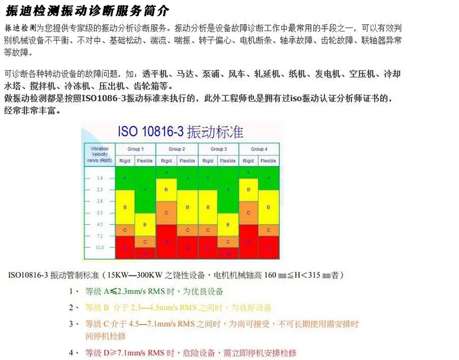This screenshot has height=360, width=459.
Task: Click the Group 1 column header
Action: [135, 149]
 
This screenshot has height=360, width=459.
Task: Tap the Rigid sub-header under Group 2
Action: [166, 161]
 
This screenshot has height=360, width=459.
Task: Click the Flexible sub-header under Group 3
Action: [227, 161]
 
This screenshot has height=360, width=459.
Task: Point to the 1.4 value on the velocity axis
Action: [99, 179]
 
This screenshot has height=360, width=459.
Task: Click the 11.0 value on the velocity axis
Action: [99, 247]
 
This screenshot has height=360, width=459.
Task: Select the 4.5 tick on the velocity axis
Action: [99, 224]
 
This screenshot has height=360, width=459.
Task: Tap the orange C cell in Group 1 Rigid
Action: [125, 230]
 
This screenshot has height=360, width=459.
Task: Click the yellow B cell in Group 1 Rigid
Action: [125, 207]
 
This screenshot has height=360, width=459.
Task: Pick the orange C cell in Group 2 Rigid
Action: [166, 212]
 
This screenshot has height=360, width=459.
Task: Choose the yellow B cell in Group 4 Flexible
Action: [268, 207]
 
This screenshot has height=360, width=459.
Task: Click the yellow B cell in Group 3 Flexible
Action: [227, 224]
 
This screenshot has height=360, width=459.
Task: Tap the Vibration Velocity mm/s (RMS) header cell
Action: [99, 155]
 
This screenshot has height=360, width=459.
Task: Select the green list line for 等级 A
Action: [154, 291]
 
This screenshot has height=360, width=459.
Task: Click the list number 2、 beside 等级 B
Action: [73, 307]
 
